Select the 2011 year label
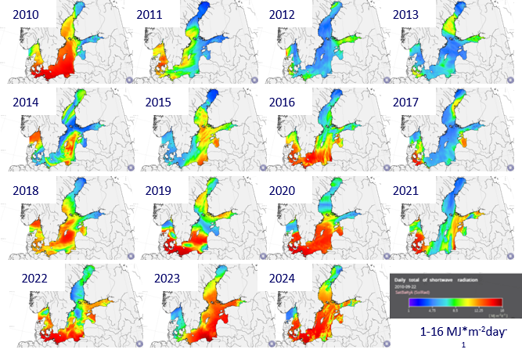pos(150,14)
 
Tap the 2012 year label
pos(283,14)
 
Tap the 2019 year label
pos(150,192)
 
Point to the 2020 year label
pos(283,192)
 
